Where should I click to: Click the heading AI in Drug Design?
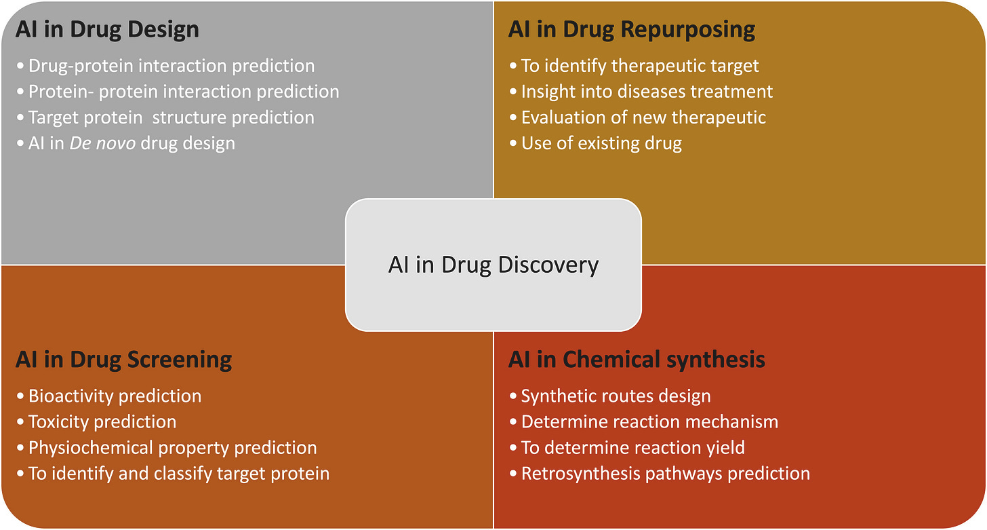[107, 30]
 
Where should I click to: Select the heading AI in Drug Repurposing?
[631, 30]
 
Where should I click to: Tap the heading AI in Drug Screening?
[123, 360]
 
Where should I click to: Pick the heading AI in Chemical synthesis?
[637, 360]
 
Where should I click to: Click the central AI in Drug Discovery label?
[493, 265]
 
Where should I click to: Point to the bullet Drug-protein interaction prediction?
[172, 66]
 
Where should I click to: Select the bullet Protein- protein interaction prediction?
[184, 91]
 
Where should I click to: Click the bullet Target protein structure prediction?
[172, 117]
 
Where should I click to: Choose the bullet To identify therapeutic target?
[640, 66]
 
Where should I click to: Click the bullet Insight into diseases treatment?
[647, 91]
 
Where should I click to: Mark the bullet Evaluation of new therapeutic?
[643, 117]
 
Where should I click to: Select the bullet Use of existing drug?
[601, 143]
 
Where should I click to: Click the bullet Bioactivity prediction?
[115, 396]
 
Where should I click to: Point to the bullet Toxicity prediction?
[102, 421]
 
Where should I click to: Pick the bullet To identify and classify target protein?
[179, 473]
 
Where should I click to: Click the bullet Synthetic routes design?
[616, 396]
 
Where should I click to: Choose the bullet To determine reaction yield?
[632, 448]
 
